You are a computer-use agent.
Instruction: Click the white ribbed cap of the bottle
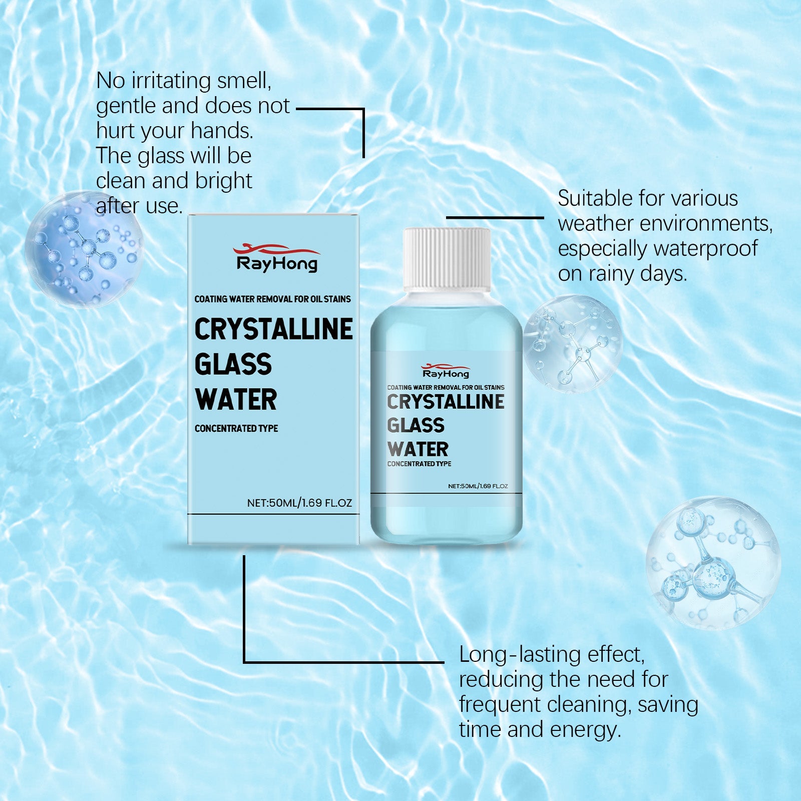[x=447, y=259]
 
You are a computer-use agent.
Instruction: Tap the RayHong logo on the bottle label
[x=446, y=371]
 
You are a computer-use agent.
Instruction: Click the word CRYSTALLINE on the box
[x=273, y=329]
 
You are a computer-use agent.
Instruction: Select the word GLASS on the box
[x=233, y=364]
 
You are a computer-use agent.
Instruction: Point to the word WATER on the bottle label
[x=418, y=449]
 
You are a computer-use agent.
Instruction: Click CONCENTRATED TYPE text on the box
[x=236, y=429]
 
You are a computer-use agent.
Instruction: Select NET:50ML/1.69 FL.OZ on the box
[x=299, y=503]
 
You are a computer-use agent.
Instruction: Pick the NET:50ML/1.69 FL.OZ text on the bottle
[x=478, y=486]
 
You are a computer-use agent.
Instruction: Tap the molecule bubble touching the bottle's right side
[x=572, y=343]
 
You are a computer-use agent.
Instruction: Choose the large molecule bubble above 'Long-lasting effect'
[x=712, y=563]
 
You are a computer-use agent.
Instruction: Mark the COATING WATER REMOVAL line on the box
[x=272, y=299]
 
